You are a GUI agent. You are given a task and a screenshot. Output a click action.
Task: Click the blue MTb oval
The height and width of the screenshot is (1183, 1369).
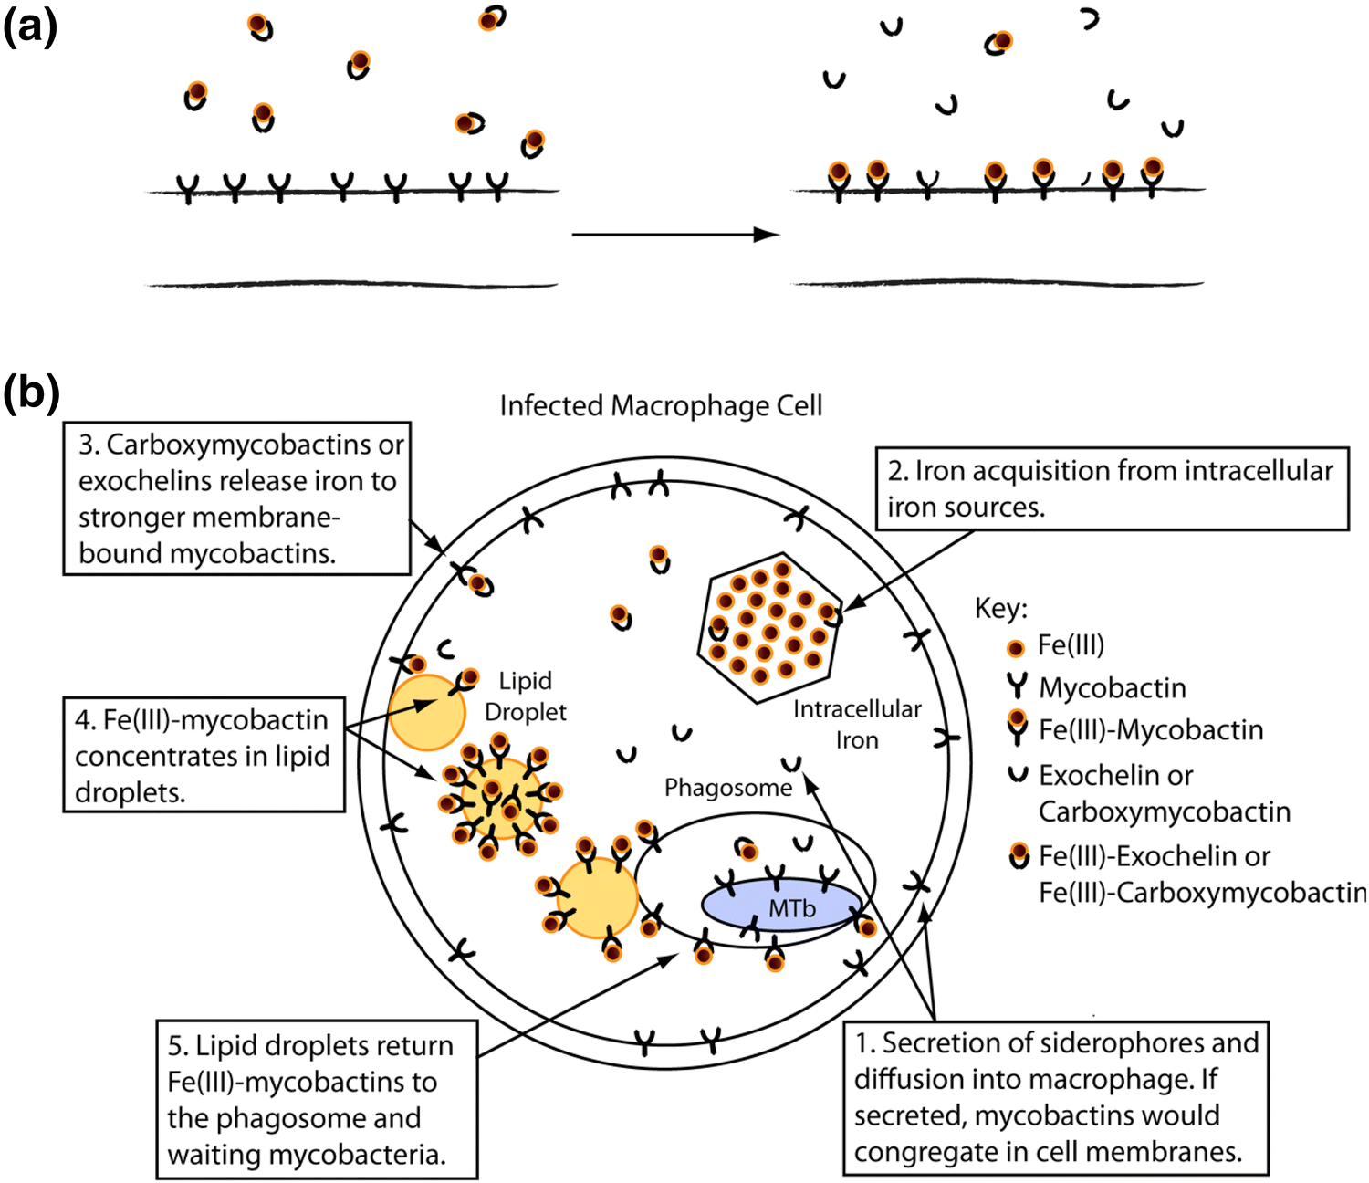click(781, 906)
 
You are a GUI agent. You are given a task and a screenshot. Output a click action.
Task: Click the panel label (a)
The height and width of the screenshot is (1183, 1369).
click(29, 27)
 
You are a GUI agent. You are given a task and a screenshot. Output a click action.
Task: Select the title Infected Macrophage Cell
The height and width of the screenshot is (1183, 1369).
click(661, 405)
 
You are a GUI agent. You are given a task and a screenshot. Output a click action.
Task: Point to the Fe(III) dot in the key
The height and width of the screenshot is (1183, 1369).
click(1015, 648)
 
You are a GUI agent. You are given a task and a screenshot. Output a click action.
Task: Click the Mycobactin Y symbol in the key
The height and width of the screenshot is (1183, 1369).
click(1017, 686)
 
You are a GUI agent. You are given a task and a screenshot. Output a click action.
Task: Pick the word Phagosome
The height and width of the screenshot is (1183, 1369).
click(727, 787)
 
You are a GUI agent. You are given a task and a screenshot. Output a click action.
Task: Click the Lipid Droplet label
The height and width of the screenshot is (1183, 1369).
click(526, 696)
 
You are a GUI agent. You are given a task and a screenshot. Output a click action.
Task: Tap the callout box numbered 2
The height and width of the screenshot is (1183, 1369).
click(1111, 488)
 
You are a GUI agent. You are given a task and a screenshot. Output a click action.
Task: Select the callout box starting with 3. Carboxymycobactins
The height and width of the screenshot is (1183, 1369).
click(236, 498)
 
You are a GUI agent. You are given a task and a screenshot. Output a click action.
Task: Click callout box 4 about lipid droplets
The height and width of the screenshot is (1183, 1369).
click(203, 755)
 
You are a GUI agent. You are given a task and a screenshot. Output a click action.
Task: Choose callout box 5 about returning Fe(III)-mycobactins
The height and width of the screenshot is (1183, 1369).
click(316, 1099)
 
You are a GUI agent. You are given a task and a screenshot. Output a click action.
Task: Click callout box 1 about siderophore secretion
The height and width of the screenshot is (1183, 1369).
click(1055, 1097)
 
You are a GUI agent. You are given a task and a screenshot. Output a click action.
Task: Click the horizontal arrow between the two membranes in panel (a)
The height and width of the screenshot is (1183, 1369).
click(675, 235)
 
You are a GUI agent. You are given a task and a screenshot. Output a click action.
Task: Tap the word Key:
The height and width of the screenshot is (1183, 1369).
click(1000, 608)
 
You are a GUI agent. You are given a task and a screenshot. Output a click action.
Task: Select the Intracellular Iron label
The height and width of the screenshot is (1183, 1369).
click(856, 723)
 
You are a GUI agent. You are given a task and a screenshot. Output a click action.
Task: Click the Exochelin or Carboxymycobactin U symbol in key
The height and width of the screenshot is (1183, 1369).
click(1017, 775)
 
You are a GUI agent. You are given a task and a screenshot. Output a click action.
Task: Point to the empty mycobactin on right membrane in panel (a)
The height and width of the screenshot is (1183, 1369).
click(927, 183)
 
